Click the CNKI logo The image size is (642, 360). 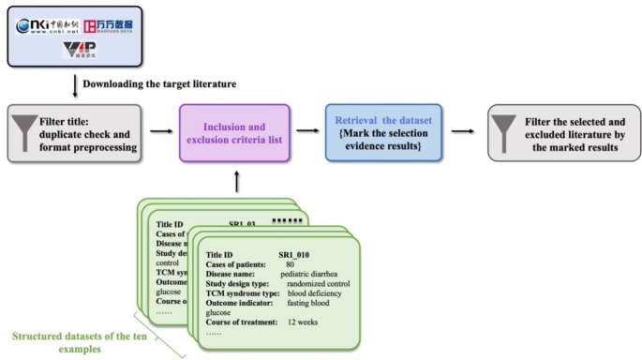(x=47, y=25)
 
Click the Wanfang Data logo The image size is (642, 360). (x=103, y=25)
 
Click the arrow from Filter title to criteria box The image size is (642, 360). (x=160, y=131)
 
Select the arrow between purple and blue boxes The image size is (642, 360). (x=306, y=131)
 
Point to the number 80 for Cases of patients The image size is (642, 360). (x=291, y=265)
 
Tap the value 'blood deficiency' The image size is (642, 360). (x=321, y=293)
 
